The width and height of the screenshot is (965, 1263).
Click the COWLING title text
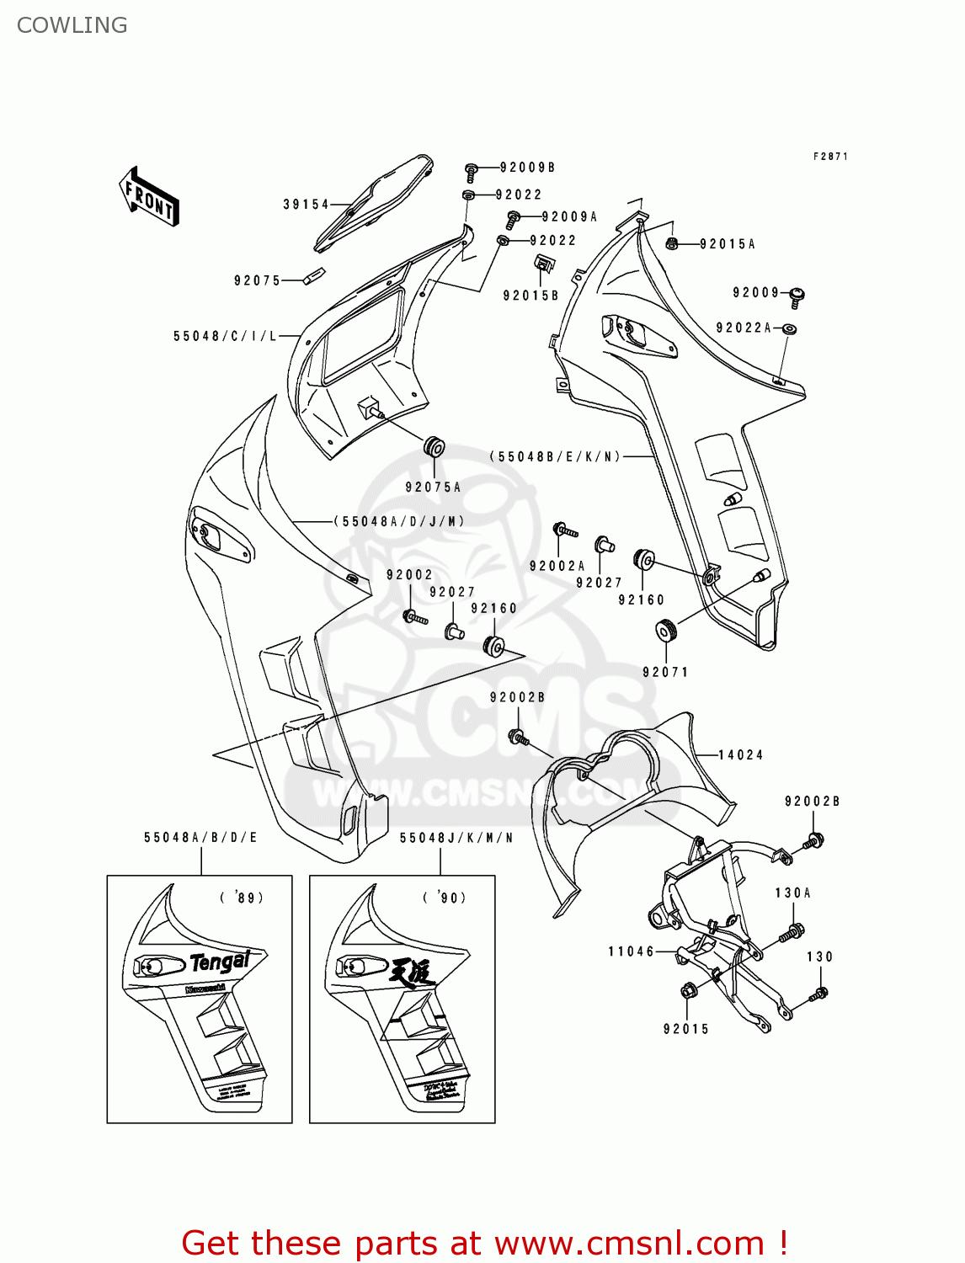tap(72, 25)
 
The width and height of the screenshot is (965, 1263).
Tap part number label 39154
tap(306, 205)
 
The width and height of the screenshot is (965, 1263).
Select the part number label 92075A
tap(433, 488)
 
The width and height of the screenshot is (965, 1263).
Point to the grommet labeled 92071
tap(667, 630)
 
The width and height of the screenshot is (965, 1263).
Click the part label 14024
tap(740, 755)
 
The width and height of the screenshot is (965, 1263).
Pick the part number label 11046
tap(631, 951)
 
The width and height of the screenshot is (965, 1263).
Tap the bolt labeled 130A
tap(792, 932)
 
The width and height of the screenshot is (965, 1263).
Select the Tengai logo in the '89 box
tap(219, 962)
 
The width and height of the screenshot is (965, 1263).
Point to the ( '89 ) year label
tap(242, 898)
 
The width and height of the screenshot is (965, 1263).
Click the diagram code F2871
tap(830, 157)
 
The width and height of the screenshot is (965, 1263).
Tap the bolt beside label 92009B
tap(472, 172)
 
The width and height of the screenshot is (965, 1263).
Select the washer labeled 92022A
tap(789, 328)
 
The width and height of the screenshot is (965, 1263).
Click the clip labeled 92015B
tap(544, 264)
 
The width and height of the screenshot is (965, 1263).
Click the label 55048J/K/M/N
tap(456, 838)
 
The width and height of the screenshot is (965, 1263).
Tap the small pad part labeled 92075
tap(313, 275)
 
